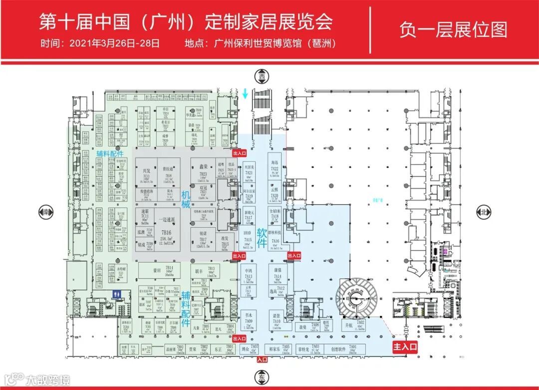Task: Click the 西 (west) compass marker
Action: [261, 77]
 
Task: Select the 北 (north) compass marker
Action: [483, 211]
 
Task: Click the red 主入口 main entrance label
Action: [404, 346]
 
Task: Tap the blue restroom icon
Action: [116, 295]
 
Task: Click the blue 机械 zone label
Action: [186, 198]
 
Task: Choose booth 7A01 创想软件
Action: [352, 349]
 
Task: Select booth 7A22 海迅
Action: [274, 169]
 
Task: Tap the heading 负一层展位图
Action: [453, 29]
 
